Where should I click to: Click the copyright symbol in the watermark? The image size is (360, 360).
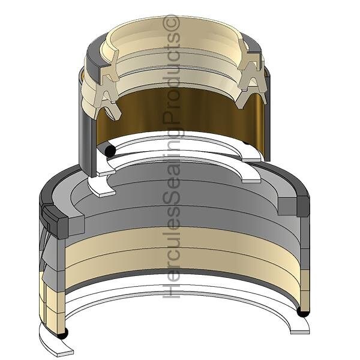point(171,22)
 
